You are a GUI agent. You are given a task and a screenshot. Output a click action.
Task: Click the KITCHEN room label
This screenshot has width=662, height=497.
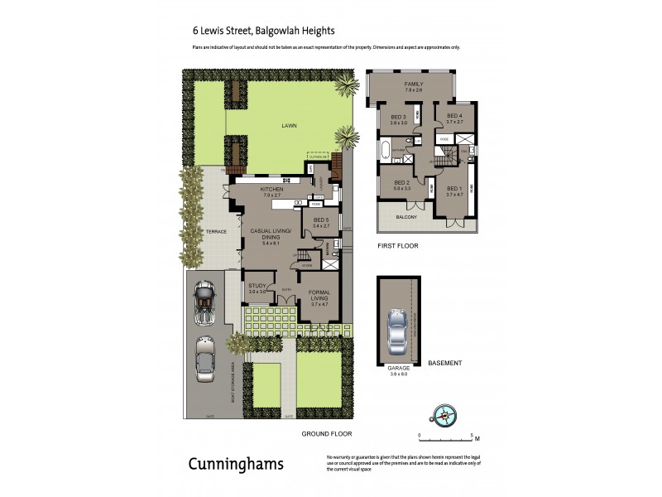(x=272, y=189)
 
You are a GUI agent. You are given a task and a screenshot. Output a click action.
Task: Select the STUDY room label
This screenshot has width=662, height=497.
(x=258, y=286)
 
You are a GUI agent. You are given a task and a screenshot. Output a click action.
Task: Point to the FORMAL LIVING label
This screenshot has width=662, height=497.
(x=319, y=294)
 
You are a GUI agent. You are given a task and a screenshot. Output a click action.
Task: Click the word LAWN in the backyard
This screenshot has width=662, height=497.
(x=288, y=125)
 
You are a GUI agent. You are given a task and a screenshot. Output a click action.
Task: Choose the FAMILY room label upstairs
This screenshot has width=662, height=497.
(x=414, y=84)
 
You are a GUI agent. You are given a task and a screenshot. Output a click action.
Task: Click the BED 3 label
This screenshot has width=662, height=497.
(x=399, y=117)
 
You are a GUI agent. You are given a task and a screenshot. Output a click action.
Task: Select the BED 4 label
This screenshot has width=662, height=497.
(x=453, y=116)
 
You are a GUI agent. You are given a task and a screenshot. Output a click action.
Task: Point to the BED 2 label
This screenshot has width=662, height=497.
(x=401, y=182)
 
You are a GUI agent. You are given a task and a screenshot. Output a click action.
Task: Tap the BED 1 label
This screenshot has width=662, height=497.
(x=453, y=189)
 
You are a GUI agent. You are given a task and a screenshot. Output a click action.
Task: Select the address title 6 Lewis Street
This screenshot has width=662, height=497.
(x=262, y=31)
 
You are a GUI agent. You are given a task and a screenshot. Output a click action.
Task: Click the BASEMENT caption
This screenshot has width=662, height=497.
(x=444, y=363)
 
